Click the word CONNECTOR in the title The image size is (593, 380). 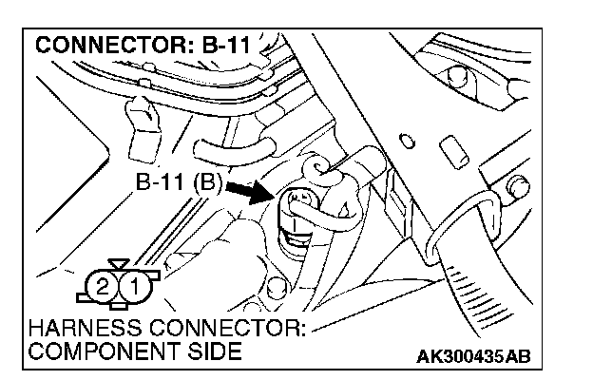[105, 46]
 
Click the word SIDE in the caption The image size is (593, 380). [214, 351]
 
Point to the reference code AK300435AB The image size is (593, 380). [472, 357]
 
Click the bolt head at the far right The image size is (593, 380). [519, 188]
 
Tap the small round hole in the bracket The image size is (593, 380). [409, 142]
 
